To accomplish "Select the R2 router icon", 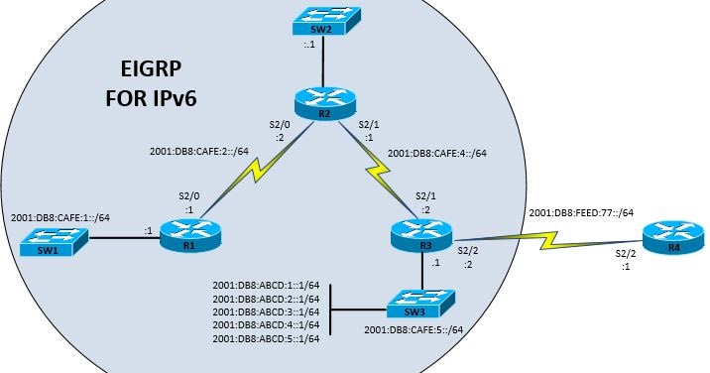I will click(324, 104).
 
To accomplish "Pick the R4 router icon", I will click(671, 237).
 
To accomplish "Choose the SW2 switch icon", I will click(324, 20).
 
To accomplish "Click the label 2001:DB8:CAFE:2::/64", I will click(198, 154).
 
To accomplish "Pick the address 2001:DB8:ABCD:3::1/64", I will click(266, 311).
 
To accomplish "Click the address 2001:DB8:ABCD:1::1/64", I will click(266, 285).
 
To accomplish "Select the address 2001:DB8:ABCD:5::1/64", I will click(266, 339).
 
